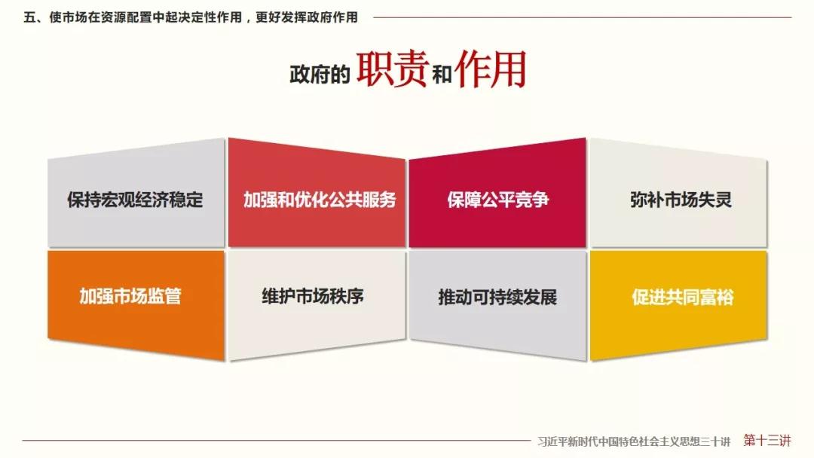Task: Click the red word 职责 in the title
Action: (392, 69)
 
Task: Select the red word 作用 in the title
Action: (491, 69)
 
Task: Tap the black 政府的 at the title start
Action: (320, 75)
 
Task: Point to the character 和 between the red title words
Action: (442, 75)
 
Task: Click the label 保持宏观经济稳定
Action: (135, 200)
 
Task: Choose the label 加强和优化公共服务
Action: (320, 200)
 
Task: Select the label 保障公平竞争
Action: (498, 200)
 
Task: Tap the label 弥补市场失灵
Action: (681, 200)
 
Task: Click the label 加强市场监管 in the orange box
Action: (130, 296)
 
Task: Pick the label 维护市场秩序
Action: (313, 296)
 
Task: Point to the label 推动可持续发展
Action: (497, 298)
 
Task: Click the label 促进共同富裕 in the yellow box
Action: (683, 298)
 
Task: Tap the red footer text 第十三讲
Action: (767, 441)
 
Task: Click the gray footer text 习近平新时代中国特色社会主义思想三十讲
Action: (634, 442)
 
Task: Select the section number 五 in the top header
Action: (29, 17)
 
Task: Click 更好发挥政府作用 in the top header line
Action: (307, 17)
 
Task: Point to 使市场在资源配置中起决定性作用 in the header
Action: (145, 17)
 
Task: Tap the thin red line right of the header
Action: (583, 17)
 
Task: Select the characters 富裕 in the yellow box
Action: (717, 298)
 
